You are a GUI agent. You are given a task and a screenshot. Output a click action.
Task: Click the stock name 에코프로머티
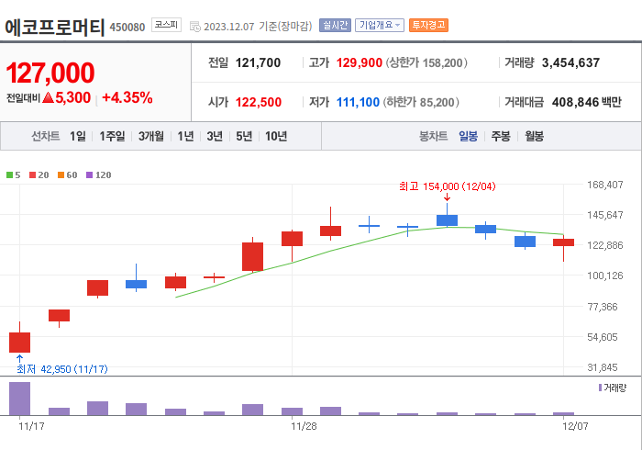(x=54, y=26)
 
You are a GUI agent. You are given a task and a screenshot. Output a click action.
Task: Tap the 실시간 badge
(x=335, y=25)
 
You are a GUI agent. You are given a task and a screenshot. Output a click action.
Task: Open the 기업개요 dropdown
(x=380, y=25)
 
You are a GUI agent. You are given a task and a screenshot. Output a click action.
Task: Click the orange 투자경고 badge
(x=428, y=25)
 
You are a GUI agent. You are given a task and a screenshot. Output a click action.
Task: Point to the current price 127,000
(x=50, y=73)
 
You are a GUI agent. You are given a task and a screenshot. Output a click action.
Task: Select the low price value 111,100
(x=358, y=102)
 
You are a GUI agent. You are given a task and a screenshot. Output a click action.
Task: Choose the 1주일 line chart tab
(x=113, y=136)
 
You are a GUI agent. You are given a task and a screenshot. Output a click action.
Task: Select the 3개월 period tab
(x=151, y=136)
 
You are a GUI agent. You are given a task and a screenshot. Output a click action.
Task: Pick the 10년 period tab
(x=275, y=136)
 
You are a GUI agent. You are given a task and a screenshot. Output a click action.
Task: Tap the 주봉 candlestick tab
(x=501, y=136)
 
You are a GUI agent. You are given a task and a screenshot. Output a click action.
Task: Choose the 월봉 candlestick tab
(x=534, y=136)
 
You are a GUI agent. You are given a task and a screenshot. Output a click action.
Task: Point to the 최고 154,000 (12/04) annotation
(x=447, y=186)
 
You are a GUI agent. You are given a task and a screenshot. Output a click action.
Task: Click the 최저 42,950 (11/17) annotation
(x=62, y=368)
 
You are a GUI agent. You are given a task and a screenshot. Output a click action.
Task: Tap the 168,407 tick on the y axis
(x=604, y=185)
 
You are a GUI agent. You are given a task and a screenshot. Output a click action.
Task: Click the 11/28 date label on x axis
(x=304, y=426)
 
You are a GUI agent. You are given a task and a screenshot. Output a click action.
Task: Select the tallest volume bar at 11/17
(x=19, y=399)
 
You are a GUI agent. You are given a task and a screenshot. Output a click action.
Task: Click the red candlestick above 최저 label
(x=19, y=342)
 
